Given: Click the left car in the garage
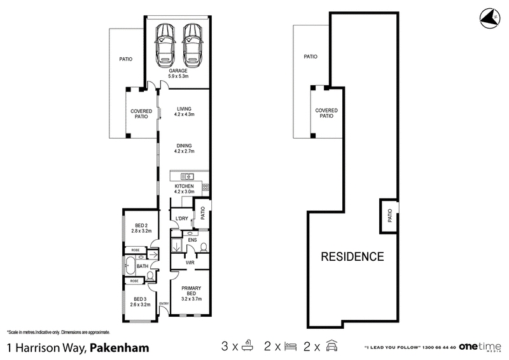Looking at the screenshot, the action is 165,45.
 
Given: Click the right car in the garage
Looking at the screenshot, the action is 193,45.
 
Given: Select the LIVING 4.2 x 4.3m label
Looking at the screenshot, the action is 184,111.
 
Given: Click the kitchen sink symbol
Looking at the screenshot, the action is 187,177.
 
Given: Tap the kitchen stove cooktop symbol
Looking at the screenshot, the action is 206,187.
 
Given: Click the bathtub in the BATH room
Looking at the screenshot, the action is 130,267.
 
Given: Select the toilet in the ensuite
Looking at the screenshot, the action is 204,247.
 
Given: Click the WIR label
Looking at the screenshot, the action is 190,262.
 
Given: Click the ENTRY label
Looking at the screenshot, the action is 164,303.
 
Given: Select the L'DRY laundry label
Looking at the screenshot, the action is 181,218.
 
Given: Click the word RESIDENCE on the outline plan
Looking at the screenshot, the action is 352,256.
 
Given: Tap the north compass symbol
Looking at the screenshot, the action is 490,18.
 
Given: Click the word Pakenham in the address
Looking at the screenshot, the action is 120,348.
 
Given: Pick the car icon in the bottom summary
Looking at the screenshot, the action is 331,346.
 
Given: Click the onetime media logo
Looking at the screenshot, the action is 480,347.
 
